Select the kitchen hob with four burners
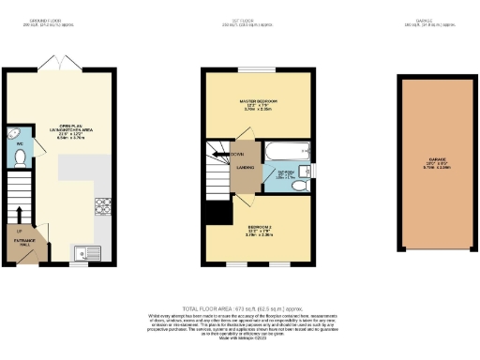100,206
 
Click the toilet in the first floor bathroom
297,186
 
